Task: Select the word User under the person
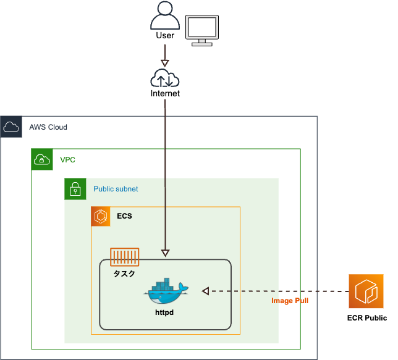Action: [165, 35]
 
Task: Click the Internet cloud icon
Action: [165, 79]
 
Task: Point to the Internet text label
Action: [165, 94]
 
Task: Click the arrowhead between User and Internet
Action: [165, 63]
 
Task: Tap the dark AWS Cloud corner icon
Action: [11, 127]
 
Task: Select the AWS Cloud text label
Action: [48, 127]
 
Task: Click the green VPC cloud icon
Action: [43, 159]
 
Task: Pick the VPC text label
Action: [67, 159]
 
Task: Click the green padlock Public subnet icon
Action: [75, 189]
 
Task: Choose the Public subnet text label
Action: [116, 189]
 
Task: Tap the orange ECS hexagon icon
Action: [101, 217]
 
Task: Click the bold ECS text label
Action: [124, 217]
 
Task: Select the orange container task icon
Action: [124, 257]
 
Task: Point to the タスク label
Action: [124, 273]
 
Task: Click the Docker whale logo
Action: [164, 291]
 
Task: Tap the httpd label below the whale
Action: [164, 313]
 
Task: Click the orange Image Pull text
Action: [290, 301]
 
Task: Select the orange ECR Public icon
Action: [366, 291]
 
